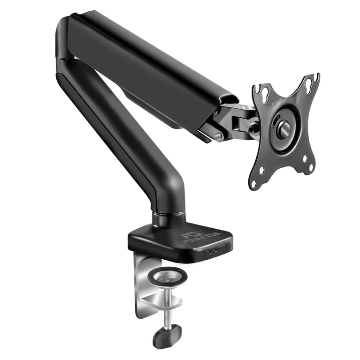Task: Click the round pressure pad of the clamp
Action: [x=167, y=276]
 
